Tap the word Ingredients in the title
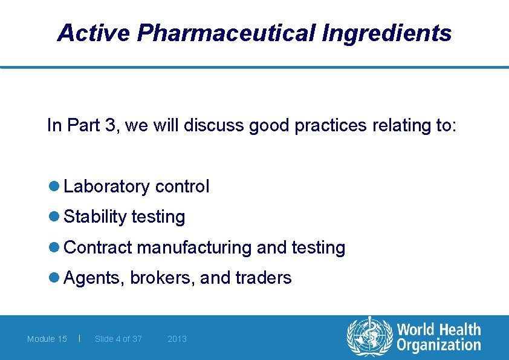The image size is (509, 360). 387,33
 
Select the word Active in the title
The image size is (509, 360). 93,33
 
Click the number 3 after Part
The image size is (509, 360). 109,125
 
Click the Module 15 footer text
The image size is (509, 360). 47,339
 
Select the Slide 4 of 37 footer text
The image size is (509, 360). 118,339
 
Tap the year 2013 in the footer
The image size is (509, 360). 177,339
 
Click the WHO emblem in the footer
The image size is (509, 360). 369,338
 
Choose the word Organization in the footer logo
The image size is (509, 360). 439,345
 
